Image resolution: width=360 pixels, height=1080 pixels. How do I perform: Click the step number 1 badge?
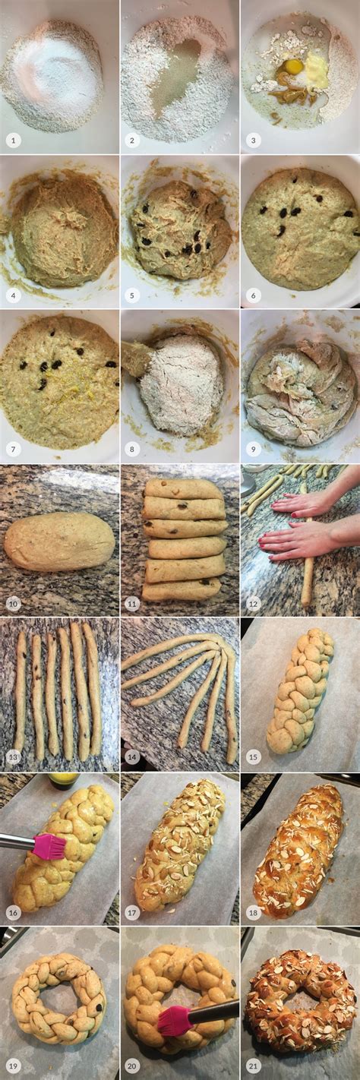[14, 141]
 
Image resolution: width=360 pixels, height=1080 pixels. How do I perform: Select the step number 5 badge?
[134, 295]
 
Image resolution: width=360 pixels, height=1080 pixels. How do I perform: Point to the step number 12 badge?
[254, 604]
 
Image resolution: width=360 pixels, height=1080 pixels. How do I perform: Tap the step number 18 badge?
[254, 913]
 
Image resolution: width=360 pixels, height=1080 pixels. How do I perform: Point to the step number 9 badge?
[254, 450]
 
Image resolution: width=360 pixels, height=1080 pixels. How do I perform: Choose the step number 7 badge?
[14, 450]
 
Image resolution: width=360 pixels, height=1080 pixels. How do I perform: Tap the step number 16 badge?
[14, 913]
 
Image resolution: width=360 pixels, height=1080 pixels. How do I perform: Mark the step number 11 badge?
[134, 604]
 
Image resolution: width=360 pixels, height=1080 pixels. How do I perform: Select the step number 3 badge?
[254, 141]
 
